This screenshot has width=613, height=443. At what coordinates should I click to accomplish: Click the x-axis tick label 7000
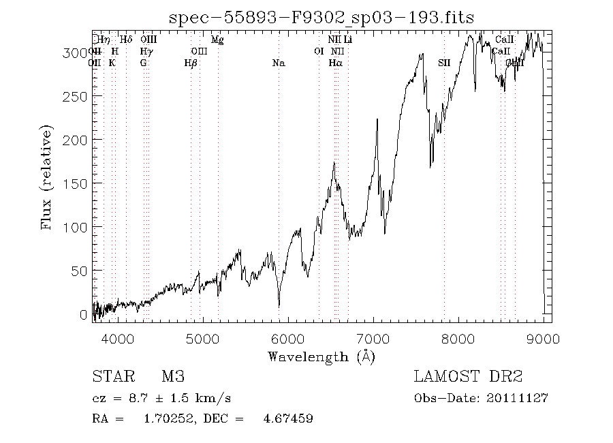pos(373,339)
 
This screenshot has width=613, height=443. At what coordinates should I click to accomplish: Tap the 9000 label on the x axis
pos(543,339)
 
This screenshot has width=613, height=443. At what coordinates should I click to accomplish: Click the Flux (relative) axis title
pos(48,177)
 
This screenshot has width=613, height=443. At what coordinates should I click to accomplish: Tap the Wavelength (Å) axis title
pos(321,356)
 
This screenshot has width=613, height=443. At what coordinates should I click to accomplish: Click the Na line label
pos(278,63)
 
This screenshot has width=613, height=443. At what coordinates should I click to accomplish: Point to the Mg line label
pos(217,40)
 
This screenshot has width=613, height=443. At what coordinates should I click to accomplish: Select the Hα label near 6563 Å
pos(335,63)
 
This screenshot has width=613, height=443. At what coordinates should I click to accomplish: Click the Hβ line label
pos(191,63)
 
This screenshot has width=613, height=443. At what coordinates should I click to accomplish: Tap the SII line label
pos(444,63)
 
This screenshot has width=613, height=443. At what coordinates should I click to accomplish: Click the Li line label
pos(348,40)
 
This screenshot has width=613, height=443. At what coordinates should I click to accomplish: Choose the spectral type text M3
pos(173,377)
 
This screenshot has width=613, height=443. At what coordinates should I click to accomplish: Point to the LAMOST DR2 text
pos(468,377)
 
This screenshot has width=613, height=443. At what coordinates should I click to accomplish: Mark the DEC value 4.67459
pos(288,418)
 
